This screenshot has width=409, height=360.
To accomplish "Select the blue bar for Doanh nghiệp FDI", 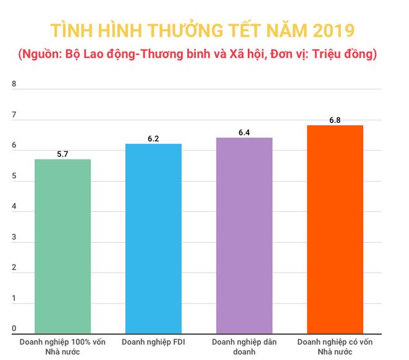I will tap(153, 239).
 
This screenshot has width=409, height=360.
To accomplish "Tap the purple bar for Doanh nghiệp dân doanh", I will tap(244, 235).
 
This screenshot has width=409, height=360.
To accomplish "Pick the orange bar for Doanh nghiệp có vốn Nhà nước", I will tap(335, 230).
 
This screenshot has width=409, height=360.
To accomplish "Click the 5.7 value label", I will tap(63, 153).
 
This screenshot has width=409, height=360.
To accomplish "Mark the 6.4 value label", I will tap(244, 132).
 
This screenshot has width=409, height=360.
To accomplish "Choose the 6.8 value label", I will tap(335, 120).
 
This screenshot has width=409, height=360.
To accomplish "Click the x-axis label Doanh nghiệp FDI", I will tap(153, 342).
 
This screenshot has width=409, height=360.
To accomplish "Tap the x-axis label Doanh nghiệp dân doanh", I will tap(244, 347).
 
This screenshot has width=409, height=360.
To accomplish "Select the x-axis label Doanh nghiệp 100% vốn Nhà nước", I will tap(63, 347).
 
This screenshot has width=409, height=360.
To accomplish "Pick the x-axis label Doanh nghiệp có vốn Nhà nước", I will tap(335, 347).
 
